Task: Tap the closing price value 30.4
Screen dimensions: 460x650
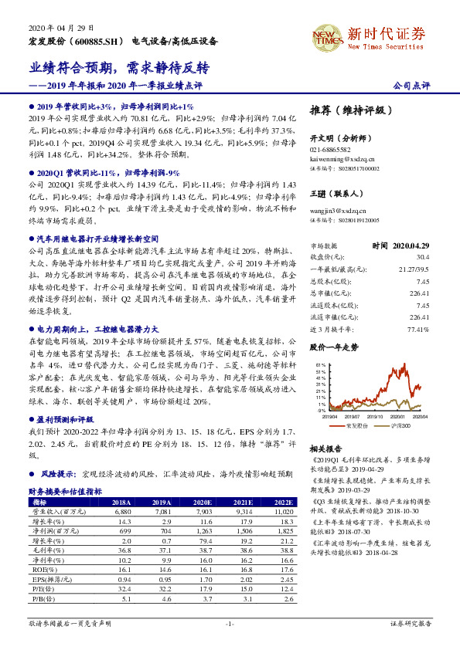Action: coord(422,257)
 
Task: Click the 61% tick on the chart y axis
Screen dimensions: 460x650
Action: coord(319,364)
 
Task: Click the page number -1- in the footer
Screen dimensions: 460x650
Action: coord(229,622)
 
